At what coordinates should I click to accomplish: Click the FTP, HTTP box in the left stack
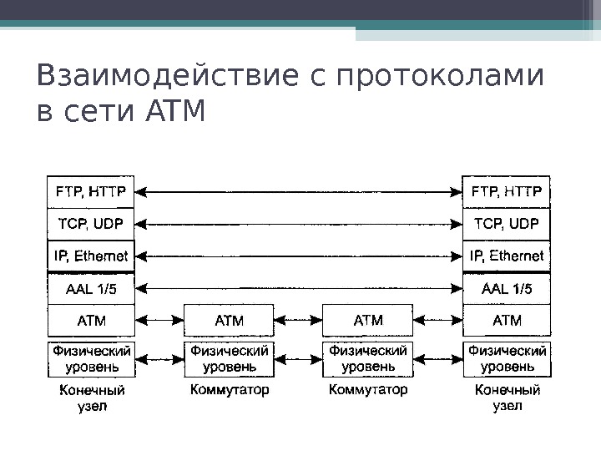click(x=91, y=191)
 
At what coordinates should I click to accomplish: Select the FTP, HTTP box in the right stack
click(x=507, y=191)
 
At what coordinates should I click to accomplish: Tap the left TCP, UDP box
click(x=91, y=224)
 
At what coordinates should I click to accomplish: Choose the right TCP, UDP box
click(x=507, y=224)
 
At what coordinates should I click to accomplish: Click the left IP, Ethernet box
click(x=91, y=256)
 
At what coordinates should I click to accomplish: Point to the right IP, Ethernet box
click(x=507, y=256)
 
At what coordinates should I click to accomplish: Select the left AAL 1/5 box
click(x=91, y=288)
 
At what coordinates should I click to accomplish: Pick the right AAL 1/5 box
click(x=507, y=288)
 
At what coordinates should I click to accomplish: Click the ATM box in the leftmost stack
click(x=91, y=319)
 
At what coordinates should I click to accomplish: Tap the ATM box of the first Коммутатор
click(x=230, y=319)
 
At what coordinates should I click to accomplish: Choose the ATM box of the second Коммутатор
click(x=368, y=319)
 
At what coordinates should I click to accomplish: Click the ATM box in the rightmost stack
click(x=507, y=319)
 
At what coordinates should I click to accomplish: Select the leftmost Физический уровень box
click(x=91, y=358)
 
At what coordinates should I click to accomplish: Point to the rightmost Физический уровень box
click(x=507, y=358)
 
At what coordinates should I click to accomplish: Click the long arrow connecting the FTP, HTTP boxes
click(x=299, y=191)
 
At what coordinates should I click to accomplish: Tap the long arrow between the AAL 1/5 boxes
click(x=299, y=288)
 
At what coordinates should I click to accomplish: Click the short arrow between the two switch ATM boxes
click(x=299, y=319)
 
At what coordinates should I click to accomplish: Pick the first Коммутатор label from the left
click(x=230, y=390)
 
